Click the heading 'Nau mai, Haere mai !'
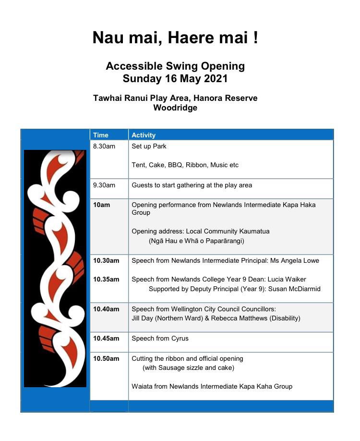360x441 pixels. click(x=175, y=37)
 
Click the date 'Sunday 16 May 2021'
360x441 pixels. click(x=175, y=78)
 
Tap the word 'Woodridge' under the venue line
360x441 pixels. click(x=175, y=108)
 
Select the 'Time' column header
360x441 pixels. click(x=101, y=135)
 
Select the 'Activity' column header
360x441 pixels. click(x=144, y=135)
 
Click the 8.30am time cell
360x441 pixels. click(x=104, y=147)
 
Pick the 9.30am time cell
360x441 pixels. click(x=104, y=185)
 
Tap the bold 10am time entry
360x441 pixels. click(x=101, y=205)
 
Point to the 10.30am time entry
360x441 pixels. click(x=106, y=261)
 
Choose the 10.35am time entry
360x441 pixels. click(x=106, y=280)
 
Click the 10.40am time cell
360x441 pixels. click(x=106, y=309)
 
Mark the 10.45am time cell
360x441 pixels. click(x=106, y=339)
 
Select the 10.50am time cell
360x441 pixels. click(x=106, y=359)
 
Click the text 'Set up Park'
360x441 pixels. click(x=149, y=147)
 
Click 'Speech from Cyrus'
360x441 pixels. click(x=160, y=339)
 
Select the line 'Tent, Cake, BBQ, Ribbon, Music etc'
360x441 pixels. click(x=185, y=165)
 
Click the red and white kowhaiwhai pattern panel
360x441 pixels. click(x=55, y=268)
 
